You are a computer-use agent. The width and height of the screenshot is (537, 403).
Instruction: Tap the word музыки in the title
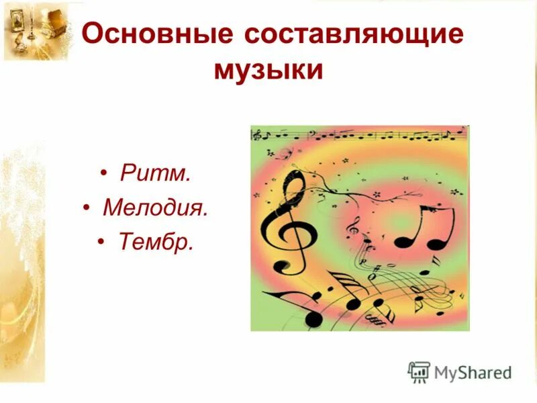pyautogui.click(x=268, y=70)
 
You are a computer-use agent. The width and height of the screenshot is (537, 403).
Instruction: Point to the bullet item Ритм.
pyautogui.click(x=155, y=175)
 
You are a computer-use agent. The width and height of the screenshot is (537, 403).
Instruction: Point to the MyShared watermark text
pyautogui.click(x=473, y=371)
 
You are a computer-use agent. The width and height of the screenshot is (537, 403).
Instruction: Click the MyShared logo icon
pyautogui.click(x=418, y=371)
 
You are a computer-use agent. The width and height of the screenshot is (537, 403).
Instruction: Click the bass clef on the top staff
pyautogui.click(x=311, y=134)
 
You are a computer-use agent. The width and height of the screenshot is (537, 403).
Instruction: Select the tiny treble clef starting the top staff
pyautogui.click(x=255, y=136)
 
